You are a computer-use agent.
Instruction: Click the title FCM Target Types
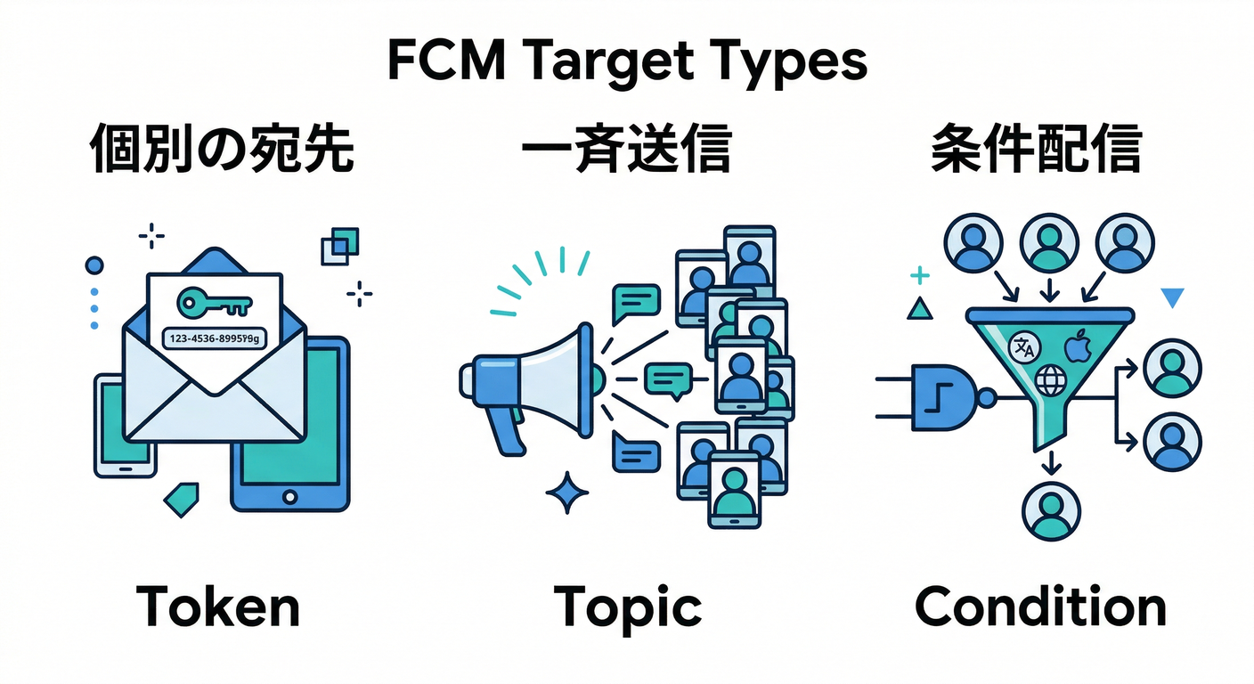tap(627, 60)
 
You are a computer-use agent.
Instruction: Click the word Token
tap(218, 608)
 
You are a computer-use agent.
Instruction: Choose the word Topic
tap(627, 608)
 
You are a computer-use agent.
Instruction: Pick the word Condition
tap(1040, 608)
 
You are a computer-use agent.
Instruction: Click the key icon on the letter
tap(214, 303)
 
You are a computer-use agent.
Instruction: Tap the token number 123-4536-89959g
tap(214, 338)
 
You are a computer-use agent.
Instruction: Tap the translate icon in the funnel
tap(1021, 348)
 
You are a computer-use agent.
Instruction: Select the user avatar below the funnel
tap(1052, 510)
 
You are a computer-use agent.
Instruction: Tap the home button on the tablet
tap(289, 495)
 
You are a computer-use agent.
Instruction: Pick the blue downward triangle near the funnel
tap(1173, 297)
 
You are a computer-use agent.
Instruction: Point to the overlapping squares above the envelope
tap(340, 246)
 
